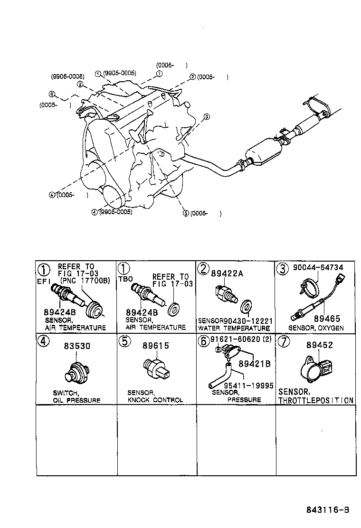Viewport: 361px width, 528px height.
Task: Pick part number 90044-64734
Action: [x=318, y=268]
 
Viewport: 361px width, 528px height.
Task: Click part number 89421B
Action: [x=254, y=364]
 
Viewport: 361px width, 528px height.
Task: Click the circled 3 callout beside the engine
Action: [x=207, y=117]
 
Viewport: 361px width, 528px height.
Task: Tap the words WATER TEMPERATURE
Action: [x=234, y=328]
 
